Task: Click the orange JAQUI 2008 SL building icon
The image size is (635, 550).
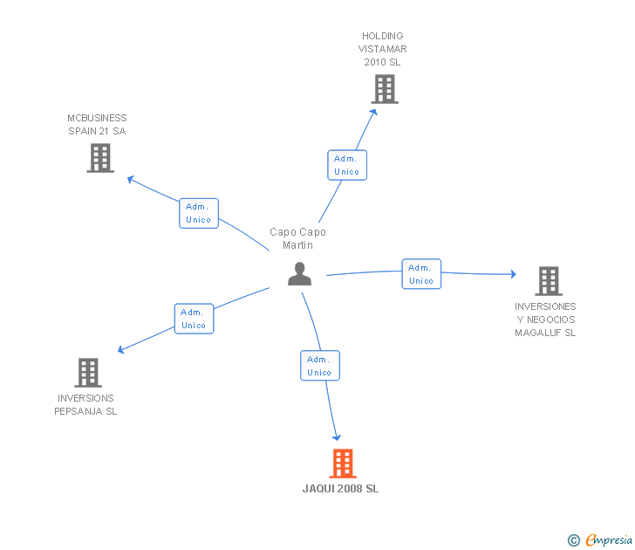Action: [x=343, y=464]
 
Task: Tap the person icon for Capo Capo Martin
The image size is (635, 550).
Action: [x=300, y=274]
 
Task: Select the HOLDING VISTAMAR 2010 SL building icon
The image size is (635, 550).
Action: [x=385, y=89]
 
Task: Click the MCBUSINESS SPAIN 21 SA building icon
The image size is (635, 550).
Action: [x=100, y=158]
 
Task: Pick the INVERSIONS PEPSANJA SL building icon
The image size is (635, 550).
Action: [x=88, y=373]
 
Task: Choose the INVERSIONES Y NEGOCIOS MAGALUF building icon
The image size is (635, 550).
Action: [x=549, y=281]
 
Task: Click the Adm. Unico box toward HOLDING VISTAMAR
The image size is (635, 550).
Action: [x=347, y=165]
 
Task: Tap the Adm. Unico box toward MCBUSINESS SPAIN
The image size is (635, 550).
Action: [x=199, y=213]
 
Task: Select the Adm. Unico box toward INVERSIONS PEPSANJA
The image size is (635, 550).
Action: [x=194, y=319]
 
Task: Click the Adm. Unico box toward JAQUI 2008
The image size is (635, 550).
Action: [x=320, y=366]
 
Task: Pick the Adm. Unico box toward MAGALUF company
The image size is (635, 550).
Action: [x=421, y=274]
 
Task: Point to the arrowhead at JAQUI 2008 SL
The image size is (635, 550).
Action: [x=337, y=437]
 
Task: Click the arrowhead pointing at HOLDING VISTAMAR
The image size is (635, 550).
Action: [x=374, y=113]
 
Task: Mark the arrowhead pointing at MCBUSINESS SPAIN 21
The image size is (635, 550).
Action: [x=131, y=179]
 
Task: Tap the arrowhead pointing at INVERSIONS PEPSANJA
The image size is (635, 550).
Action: [x=120, y=349]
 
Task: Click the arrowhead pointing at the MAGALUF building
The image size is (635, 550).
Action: [x=514, y=274]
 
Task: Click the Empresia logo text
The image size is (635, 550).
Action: [x=609, y=540]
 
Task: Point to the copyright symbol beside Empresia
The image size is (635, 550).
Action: [x=574, y=540]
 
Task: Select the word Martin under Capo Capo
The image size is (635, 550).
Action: [x=297, y=245]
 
